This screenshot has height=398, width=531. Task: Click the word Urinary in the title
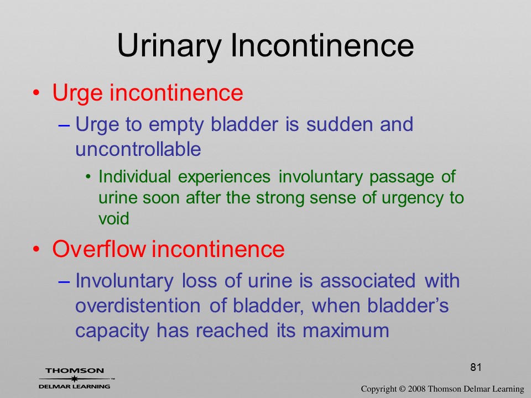point(169,46)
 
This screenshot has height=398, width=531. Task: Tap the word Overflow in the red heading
point(98,249)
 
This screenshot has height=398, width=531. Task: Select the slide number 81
point(476,367)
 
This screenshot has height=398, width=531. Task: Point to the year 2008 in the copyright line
point(417,389)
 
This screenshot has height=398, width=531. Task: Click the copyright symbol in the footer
point(402,389)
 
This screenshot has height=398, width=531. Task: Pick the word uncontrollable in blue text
point(138,149)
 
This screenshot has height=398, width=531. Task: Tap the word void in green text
point(114,218)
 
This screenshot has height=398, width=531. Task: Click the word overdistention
point(138,306)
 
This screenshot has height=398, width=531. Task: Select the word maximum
point(346,331)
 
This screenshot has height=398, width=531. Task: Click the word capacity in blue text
point(112,331)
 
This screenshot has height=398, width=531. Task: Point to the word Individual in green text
point(135,177)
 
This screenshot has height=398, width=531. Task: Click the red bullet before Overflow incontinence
point(37,249)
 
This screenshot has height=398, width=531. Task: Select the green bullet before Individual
point(88,177)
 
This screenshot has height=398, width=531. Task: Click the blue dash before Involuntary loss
point(64,281)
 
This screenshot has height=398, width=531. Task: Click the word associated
point(368,281)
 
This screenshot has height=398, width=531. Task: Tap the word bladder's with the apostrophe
point(408,306)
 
